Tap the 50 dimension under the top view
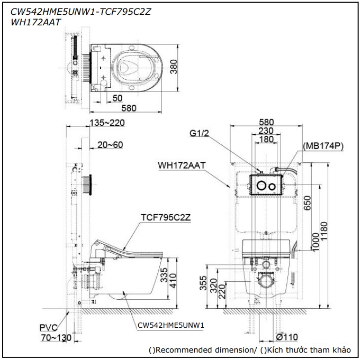118,98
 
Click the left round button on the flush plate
261,187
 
